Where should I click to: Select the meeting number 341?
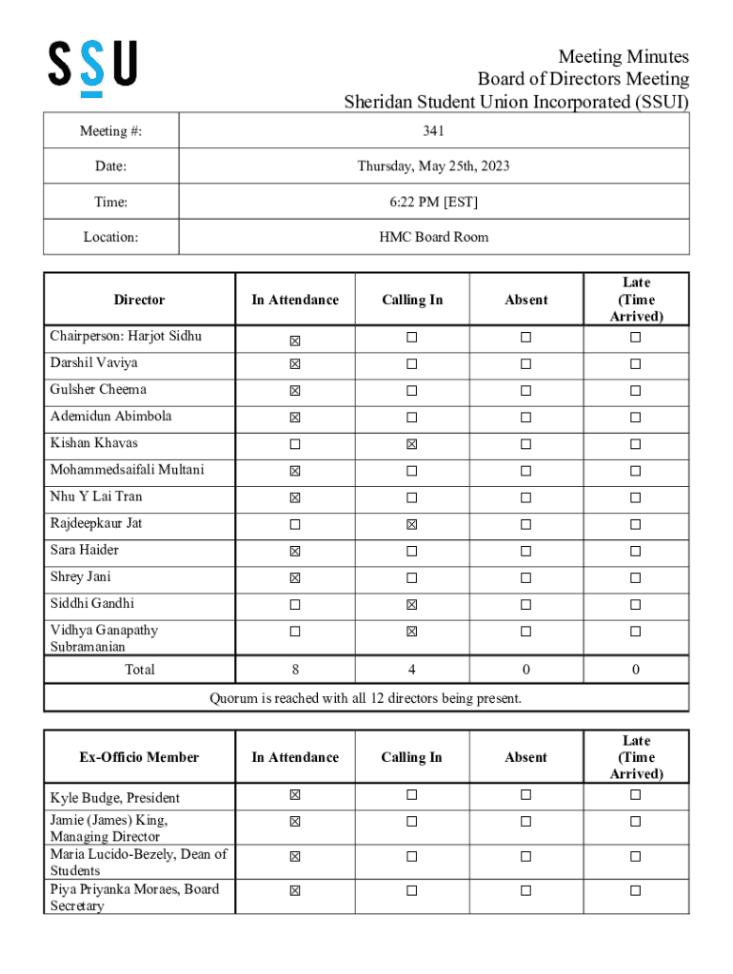pos(433,130)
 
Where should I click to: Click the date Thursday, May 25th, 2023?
pos(433,166)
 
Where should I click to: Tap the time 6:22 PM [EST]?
pos(433,202)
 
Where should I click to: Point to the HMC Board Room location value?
pos(433,237)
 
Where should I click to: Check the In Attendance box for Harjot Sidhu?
pos(295,338)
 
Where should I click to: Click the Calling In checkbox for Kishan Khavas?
pos(411,444)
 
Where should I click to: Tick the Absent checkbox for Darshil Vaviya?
pos(525,364)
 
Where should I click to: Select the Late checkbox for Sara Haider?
pos(635,551)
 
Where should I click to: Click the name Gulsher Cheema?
pos(98,389)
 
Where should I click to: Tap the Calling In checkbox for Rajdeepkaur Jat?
pos(411,524)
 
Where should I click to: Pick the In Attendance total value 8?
pos(295,670)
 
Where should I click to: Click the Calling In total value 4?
pos(411,670)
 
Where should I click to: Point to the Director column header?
pos(139,300)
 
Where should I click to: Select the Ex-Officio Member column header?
pos(139,757)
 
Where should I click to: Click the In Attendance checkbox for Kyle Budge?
pos(295,795)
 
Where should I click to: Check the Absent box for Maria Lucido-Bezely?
pos(525,857)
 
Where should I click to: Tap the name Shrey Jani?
pos(81,576)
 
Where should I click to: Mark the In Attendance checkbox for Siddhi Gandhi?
pos(295,604)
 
